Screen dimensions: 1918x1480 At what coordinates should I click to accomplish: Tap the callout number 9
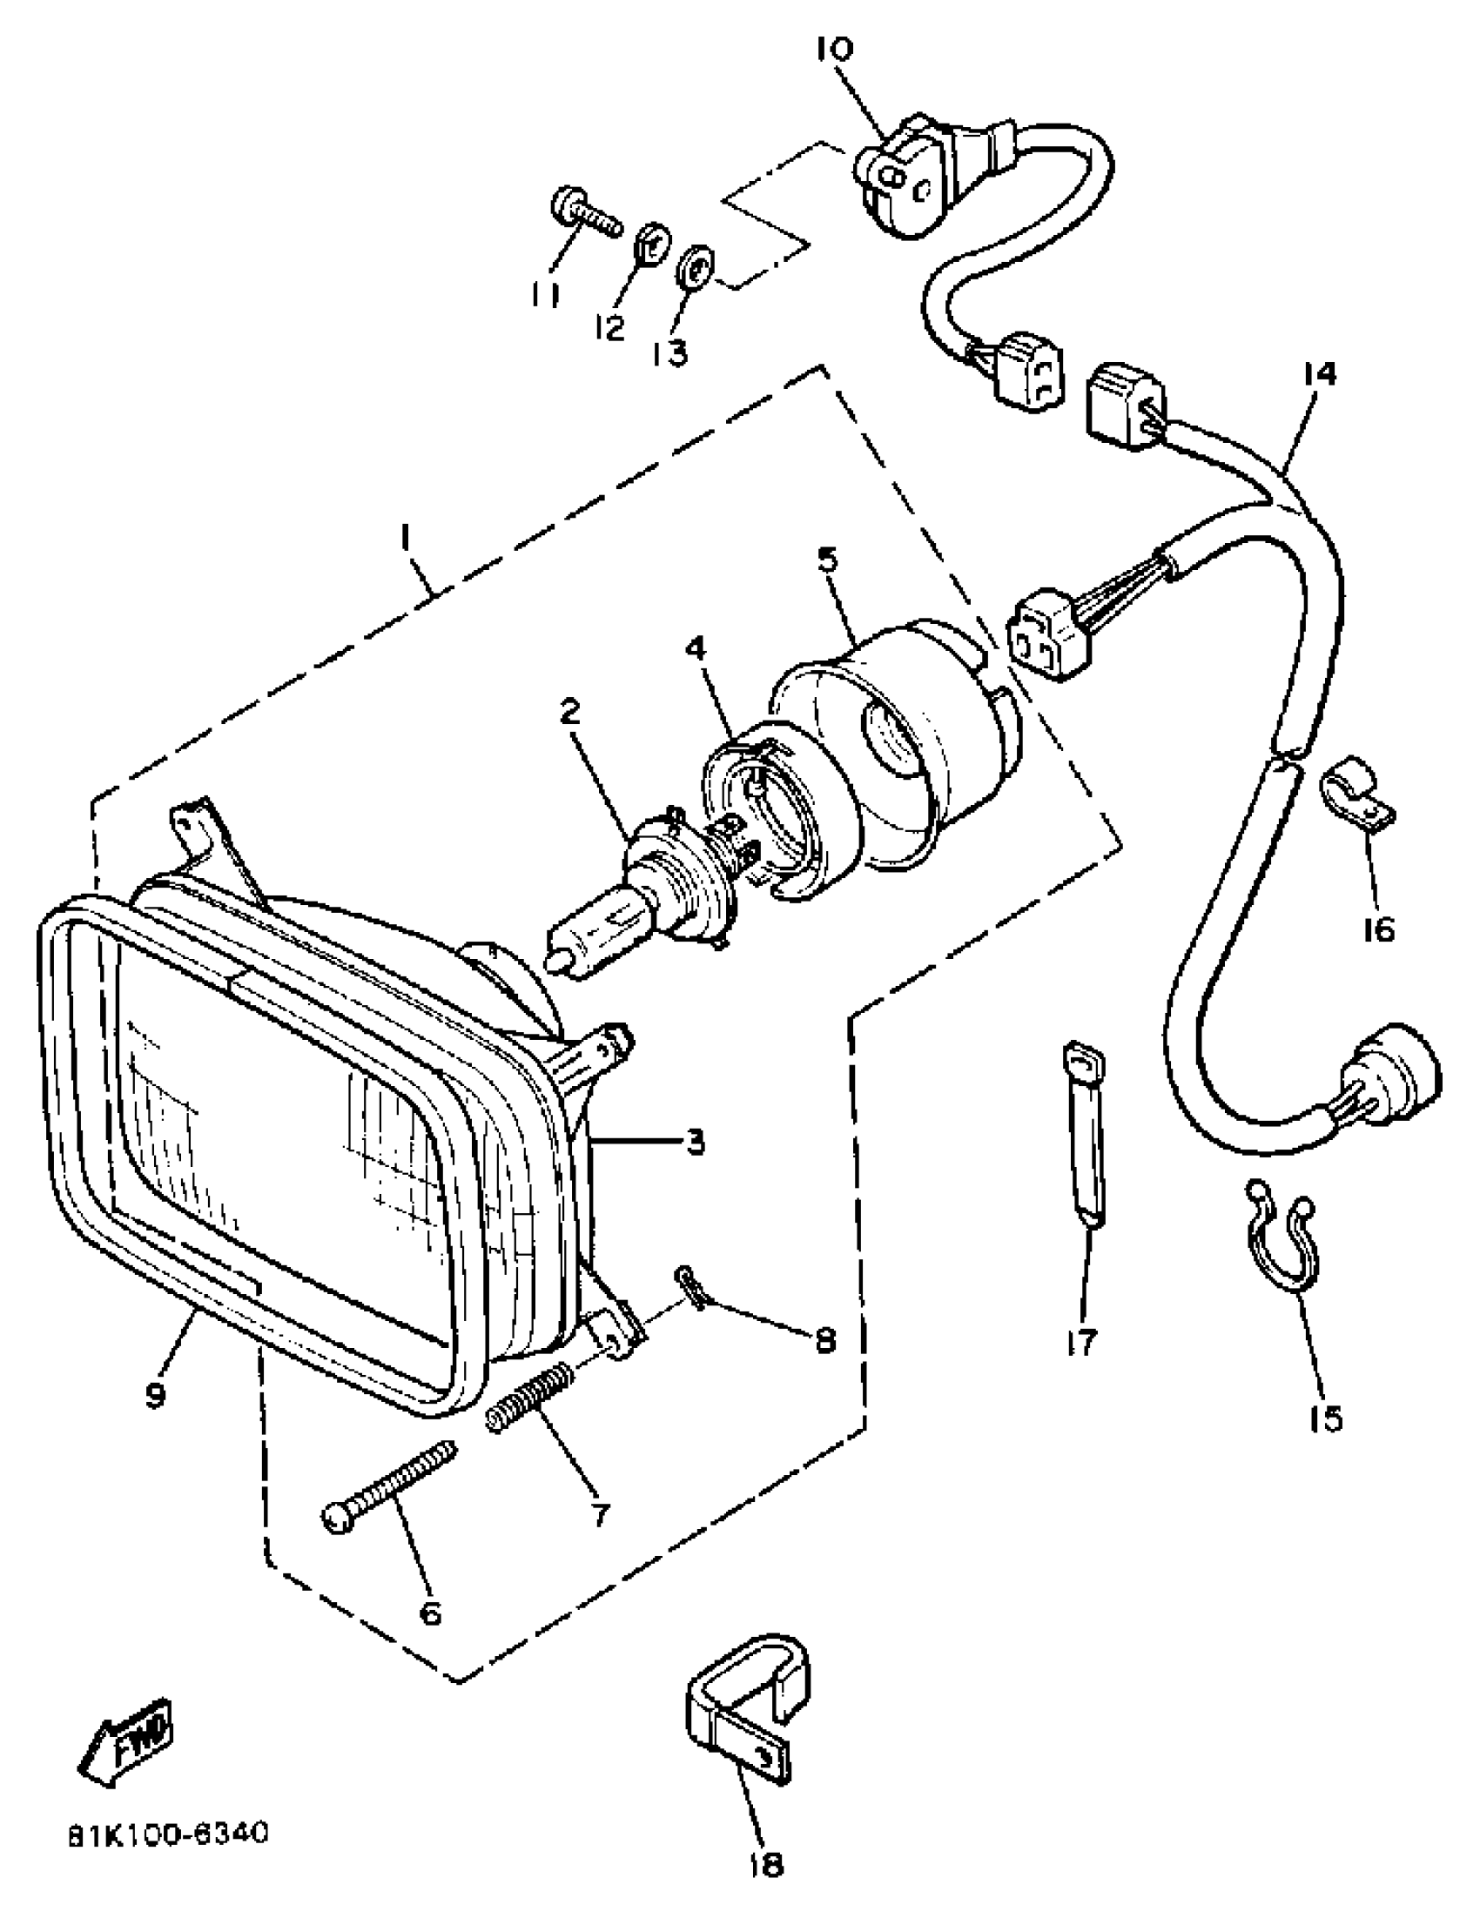[x=157, y=1395]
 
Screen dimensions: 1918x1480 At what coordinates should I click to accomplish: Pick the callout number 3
[x=695, y=1143]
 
